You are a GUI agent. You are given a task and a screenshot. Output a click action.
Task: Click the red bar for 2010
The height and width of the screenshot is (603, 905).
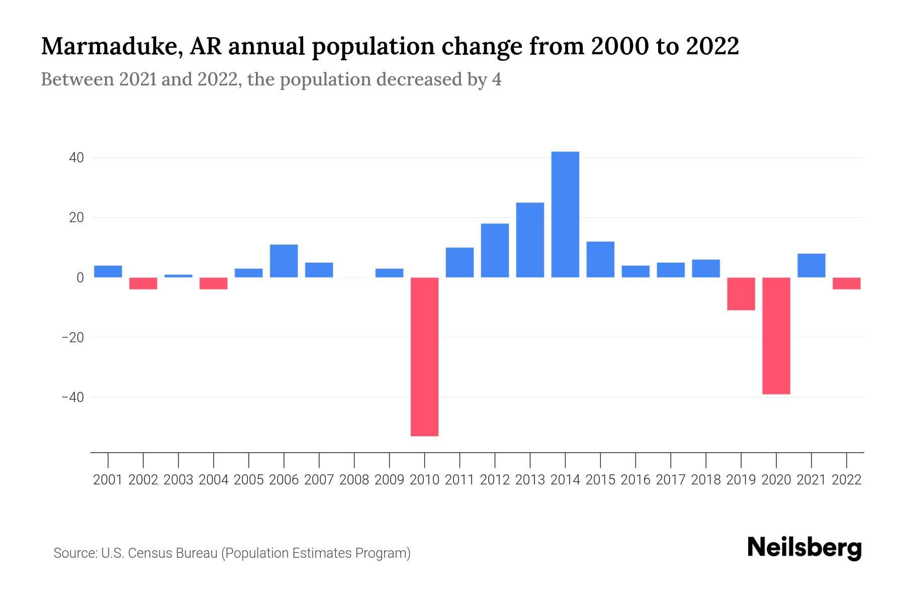[424, 356]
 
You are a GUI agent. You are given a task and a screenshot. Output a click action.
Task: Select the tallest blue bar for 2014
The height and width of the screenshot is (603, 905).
[565, 215]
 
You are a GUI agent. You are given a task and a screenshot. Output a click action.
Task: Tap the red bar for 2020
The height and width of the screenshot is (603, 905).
[776, 335]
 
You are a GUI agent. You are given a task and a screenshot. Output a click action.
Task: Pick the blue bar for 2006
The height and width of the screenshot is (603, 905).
[284, 261]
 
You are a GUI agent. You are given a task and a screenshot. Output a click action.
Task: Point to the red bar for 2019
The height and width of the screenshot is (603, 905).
[741, 293]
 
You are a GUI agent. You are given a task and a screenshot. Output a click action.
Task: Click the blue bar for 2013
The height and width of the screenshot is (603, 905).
[530, 240]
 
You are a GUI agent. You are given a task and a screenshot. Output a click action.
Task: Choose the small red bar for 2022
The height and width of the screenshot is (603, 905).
[846, 283]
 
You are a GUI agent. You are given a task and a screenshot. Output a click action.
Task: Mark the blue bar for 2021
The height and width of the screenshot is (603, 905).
[811, 265]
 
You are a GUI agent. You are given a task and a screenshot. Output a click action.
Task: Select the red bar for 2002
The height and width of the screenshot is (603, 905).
[143, 283]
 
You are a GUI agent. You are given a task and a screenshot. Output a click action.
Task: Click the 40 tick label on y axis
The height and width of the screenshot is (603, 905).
[76, 158]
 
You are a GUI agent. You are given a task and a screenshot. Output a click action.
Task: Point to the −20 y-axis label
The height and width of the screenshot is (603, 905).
[72, 338]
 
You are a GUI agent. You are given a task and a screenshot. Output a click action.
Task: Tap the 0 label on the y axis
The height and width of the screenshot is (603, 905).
[80, 278]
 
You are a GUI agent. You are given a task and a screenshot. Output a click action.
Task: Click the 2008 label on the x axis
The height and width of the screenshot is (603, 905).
[354, 480]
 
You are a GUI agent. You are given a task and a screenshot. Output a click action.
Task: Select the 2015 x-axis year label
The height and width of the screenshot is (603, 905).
[600, 480]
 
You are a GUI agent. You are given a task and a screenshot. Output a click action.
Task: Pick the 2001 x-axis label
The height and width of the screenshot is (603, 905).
[108, 480]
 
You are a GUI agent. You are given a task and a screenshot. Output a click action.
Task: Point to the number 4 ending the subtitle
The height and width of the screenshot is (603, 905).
[496, 80]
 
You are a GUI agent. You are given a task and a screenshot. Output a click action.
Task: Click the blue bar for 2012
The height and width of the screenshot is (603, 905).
[495, 250]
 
